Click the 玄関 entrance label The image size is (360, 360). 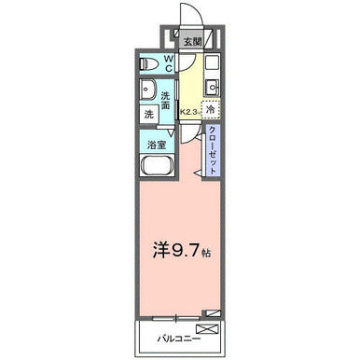pos(193,41)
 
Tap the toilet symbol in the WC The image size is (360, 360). pos(149,64)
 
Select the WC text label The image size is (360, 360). pos(168,63)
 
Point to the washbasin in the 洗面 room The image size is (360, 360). pos(148,90)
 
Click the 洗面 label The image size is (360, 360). pos(166,100)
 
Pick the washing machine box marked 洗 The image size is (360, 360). pos(149,114)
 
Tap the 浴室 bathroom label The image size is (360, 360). pos(157,145)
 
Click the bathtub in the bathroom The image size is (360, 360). pos(157,166)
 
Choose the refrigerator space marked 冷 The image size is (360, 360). pos(211,110)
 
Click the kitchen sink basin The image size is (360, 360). pos(213,88)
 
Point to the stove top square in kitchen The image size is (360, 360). pos(212,63)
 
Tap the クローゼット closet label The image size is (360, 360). pos(213,150)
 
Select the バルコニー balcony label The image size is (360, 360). pos(178,339)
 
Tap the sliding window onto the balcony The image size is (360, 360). pos(176,318)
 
